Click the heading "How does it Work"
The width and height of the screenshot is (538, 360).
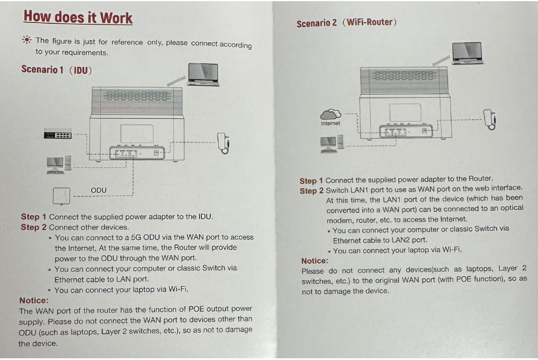[x=78, y=17]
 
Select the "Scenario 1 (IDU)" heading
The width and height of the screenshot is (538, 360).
[x=57, y=70]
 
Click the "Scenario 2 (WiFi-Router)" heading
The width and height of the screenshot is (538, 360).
[x=346, y=23]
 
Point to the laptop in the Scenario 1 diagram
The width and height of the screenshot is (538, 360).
[x=204, y=74]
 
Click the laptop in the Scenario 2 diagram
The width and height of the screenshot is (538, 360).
[x=467, y=52]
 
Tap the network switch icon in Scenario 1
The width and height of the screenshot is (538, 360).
[x=58, y=134]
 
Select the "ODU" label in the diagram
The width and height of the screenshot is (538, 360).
[x=99, y=190]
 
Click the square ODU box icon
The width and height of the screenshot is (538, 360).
[x=61, y=196]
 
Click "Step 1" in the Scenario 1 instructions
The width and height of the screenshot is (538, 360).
[x=33, y=217]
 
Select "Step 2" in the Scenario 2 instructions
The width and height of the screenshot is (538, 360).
[x=312, y=190]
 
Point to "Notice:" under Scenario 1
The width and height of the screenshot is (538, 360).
[x=33, y=300]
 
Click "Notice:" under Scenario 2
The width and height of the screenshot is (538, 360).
[x=315, y=261]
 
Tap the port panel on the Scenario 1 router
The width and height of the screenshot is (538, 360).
[x=137, y=153]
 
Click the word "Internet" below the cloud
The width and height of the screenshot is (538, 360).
[x=331, y=123]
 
